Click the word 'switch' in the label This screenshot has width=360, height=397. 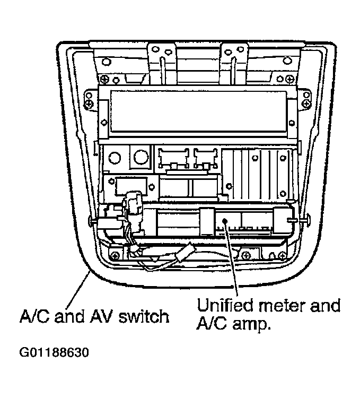click(x=144, y=316)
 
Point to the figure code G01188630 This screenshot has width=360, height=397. click(x=54, y=352)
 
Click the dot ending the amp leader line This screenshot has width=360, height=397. click(x=225, y=221)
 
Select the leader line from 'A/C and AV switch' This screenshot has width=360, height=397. click(x=77, y=290)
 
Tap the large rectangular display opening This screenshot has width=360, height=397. click(x=198, y=111)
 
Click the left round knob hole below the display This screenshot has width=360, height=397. click(x=115, y=158)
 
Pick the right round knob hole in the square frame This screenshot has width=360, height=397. click(x=141, y=157)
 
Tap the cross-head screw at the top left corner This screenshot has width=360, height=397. click(x=104, y=79)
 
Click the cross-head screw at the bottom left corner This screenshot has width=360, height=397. click(x=116, y=256)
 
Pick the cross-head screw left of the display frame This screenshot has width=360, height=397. click(x=89, y=103)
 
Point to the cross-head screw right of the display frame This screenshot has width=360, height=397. click(x=306, y=103)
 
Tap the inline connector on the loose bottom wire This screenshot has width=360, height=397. click(x=184, y=253)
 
